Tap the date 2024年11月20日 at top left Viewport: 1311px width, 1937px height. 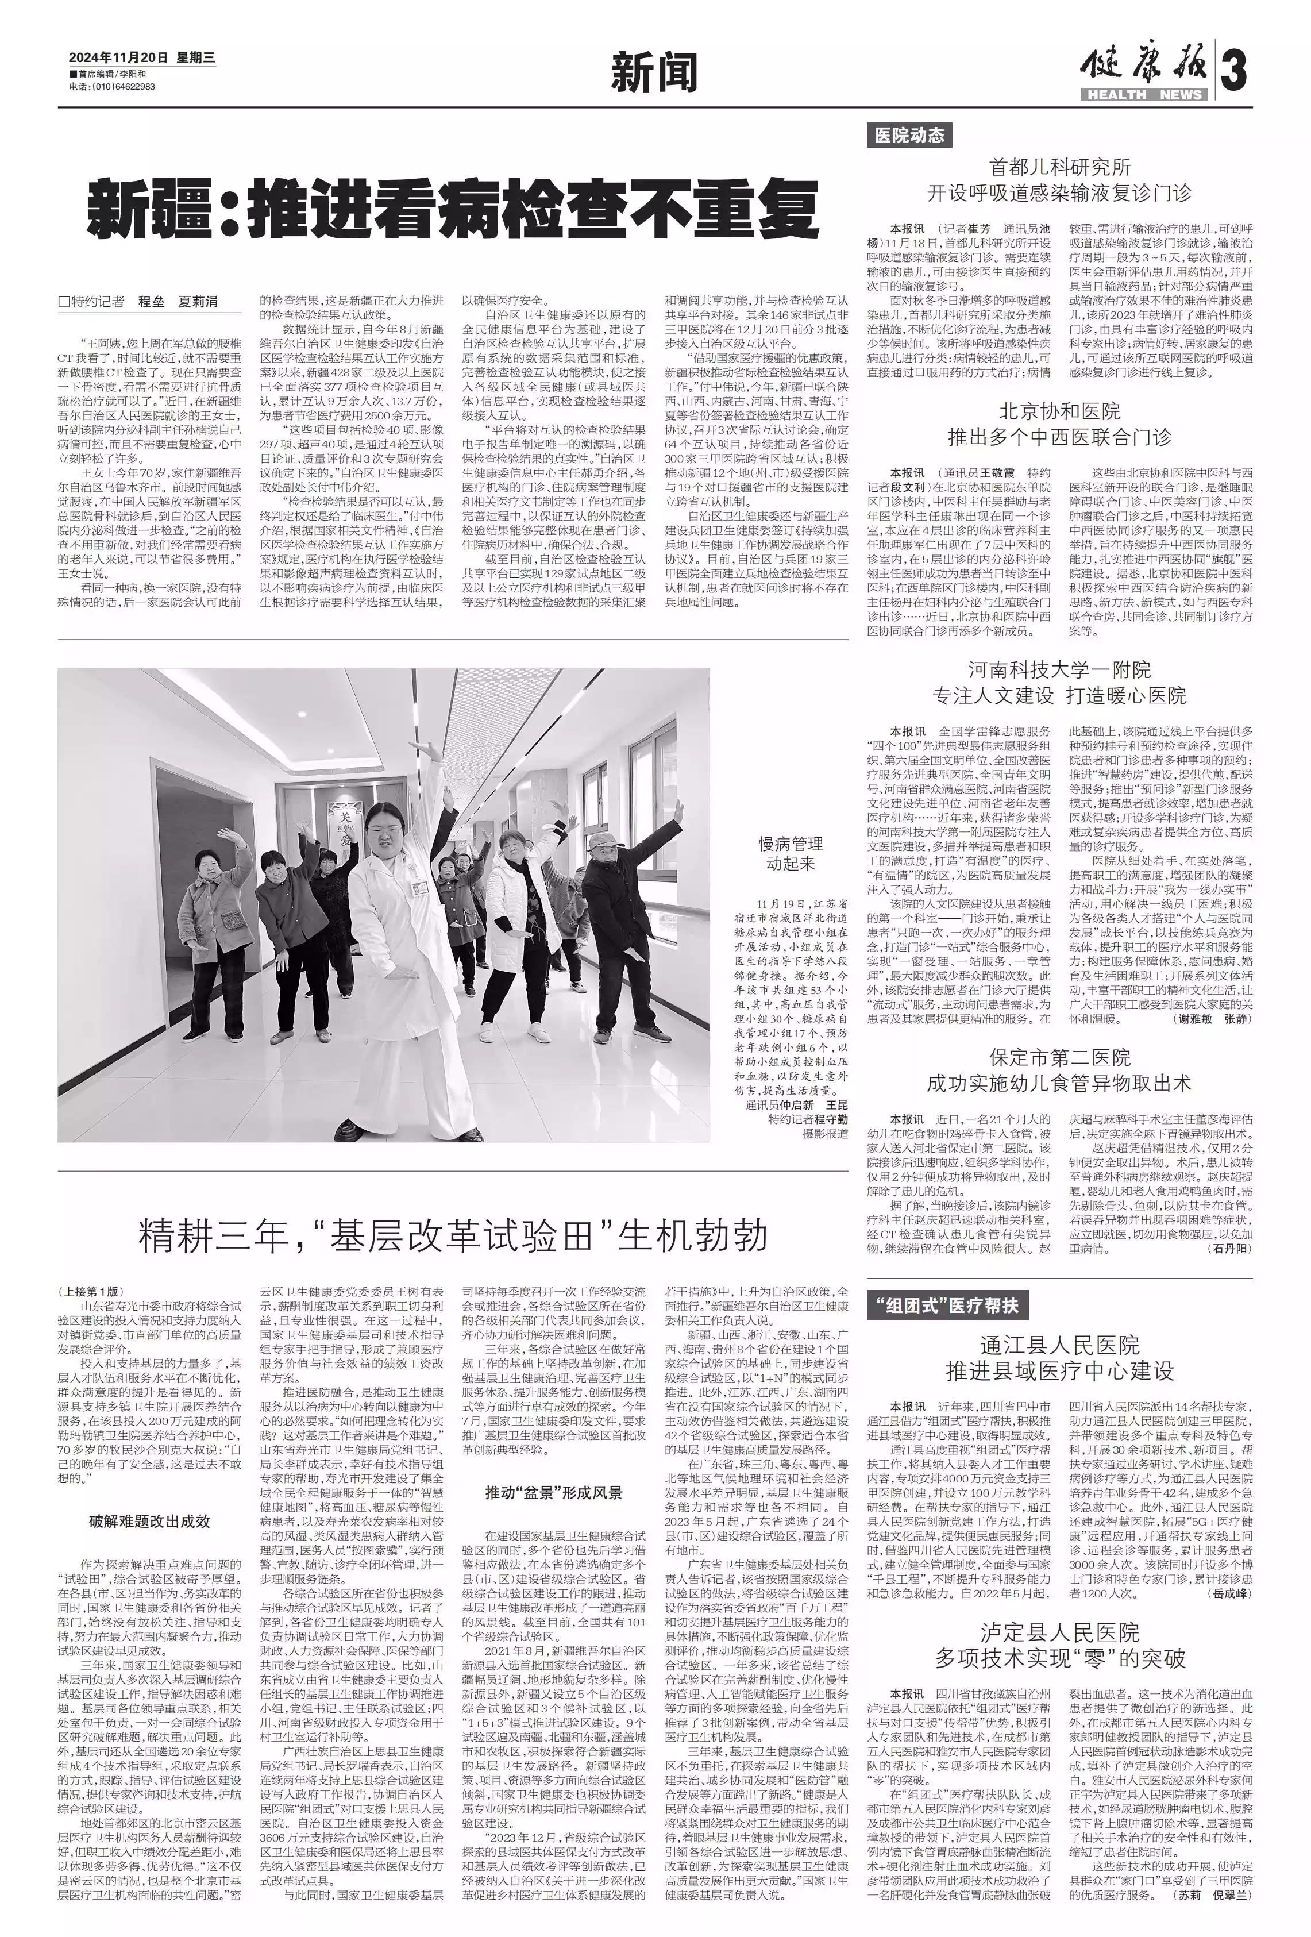pos(118,57)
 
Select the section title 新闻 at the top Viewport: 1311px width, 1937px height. pos(654,74)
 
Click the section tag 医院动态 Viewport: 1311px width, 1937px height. pos(909,135)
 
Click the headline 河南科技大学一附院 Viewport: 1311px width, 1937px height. pos(1059,669)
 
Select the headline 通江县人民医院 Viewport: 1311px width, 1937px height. pos(1059,1345)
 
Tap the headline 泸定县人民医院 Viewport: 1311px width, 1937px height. pos(1059,1632)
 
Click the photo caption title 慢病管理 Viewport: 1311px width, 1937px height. pos(789,844)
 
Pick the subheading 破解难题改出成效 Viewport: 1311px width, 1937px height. pos(150,1521)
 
